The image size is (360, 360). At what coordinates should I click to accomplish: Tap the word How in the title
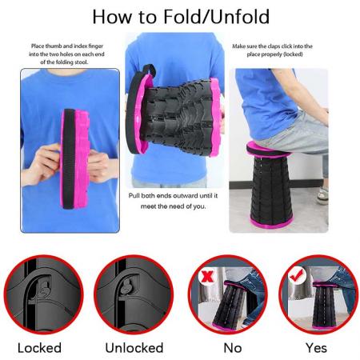[x=112, y=16]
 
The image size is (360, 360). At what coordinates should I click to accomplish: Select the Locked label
[x=39, y=348]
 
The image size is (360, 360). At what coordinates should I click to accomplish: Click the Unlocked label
[x=134, y=348]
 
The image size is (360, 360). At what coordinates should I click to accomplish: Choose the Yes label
[x=316, y=348]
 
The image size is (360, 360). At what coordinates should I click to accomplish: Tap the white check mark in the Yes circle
[x=295, y=273]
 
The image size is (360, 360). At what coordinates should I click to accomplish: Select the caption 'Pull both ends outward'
[x=179, y=200]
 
